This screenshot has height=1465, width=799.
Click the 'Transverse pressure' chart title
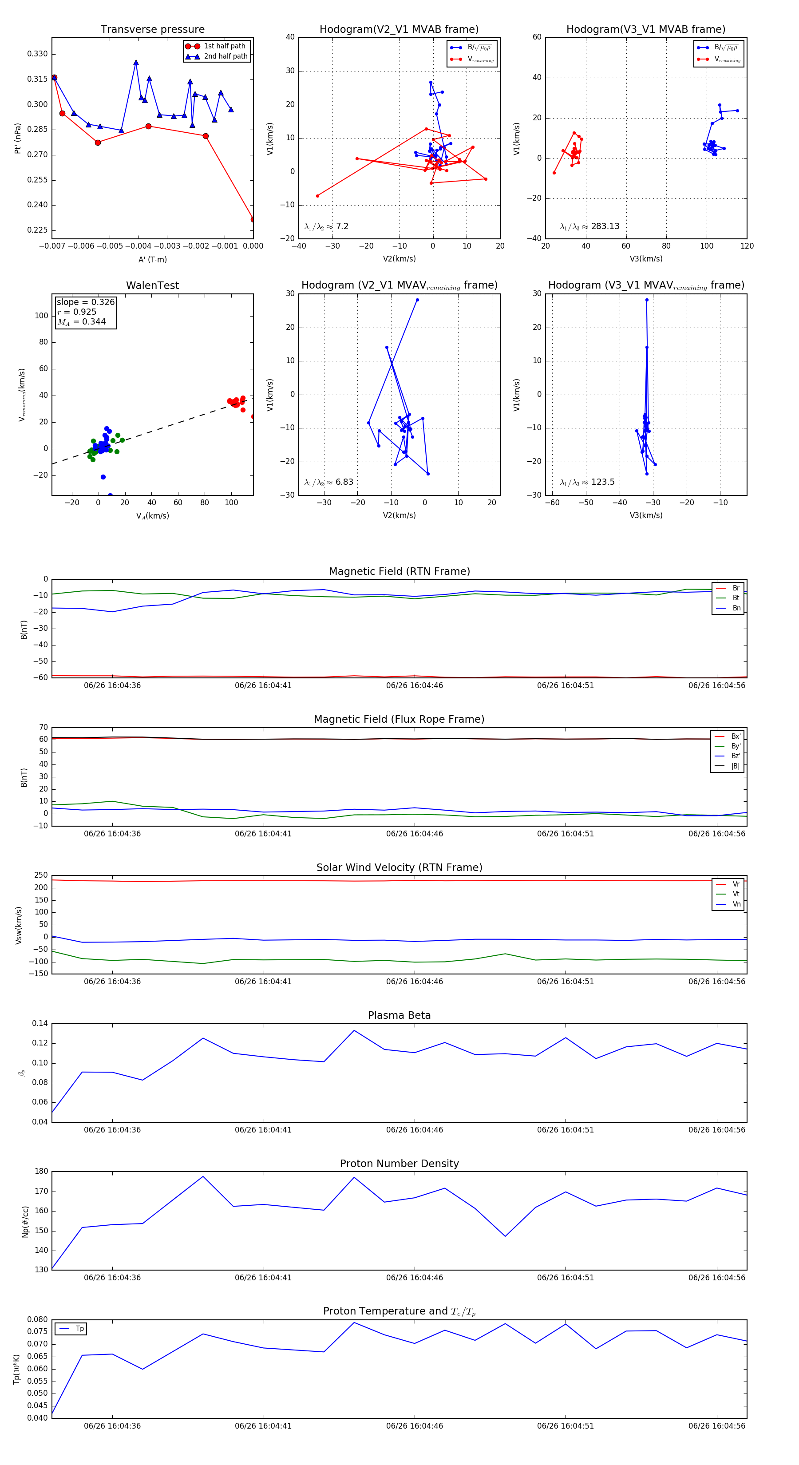[152, 30]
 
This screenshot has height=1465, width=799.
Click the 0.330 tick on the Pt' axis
[38, 54]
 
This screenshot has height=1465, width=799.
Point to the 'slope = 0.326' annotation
[85, 302]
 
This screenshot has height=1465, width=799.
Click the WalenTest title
[152, 285]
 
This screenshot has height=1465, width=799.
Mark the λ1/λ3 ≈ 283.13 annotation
[590, 226]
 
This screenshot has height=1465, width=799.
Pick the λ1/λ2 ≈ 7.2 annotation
[326, 226]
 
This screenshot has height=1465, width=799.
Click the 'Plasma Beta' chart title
[399, 1015]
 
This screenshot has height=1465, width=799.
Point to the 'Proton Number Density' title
[399, 1164]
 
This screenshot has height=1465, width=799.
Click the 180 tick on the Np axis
[42, 1172]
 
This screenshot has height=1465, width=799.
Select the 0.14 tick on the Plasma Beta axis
[40, 1024]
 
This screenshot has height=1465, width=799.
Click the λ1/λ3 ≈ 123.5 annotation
[587, 482]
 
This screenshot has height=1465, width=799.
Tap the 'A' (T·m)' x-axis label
[152, 260]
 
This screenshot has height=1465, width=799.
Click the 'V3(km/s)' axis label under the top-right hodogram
[645, 259]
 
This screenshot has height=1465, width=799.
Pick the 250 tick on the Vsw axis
[40, 875]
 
